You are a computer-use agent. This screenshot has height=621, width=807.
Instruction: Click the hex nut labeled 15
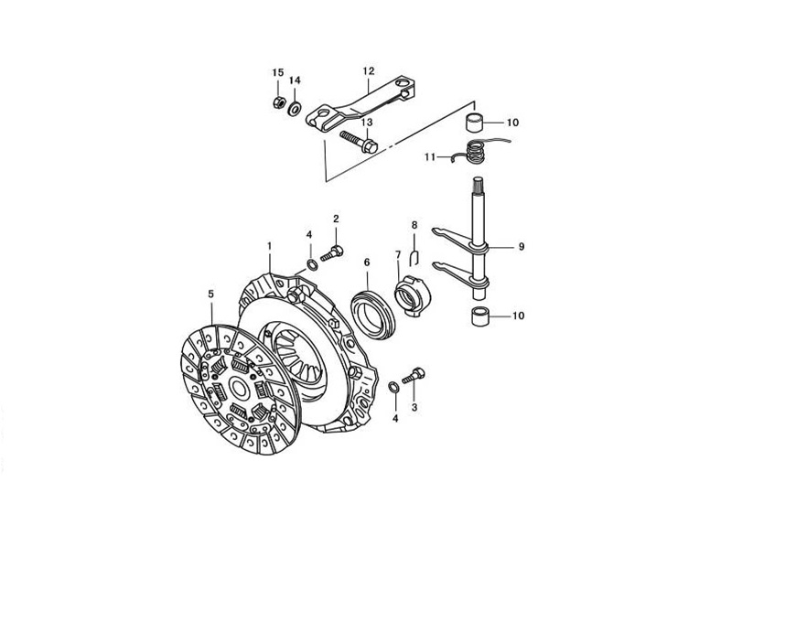277,102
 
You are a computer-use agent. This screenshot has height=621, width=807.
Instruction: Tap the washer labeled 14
296,109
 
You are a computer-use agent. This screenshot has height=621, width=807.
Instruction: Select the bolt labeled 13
359,142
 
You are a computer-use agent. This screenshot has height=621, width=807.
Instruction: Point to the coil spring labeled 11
475,152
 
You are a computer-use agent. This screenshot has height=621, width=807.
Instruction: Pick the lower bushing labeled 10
481,316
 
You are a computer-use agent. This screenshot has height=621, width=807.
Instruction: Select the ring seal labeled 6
372,314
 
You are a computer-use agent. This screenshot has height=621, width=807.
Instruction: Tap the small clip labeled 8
414,258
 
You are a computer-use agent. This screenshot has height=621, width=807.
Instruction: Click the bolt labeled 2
332,253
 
